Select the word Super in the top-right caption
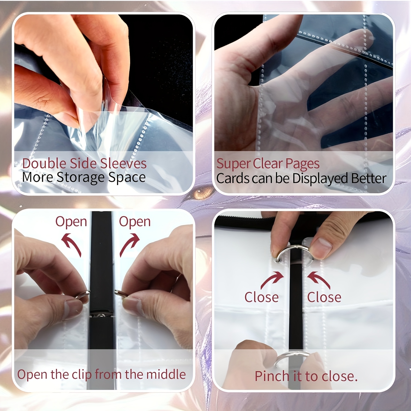(x=233, y=164)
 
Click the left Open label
(x=71, y=222)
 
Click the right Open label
(x=135, y=222)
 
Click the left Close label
(x=261, y=297)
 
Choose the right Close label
(x=324, y=297)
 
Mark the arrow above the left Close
(x=272, y=279)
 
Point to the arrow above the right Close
(x=319, y=279)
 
